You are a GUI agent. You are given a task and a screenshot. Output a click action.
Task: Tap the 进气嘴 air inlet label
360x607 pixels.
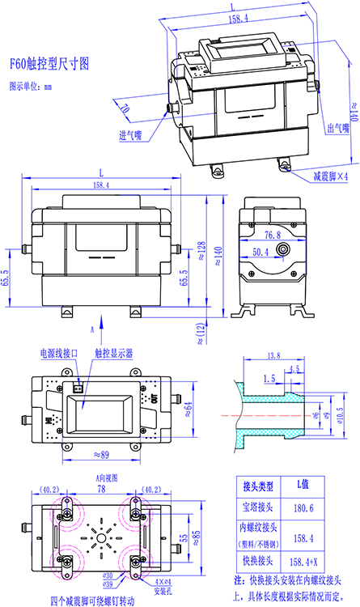(130, 135)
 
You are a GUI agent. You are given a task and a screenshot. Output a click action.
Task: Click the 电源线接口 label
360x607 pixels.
(60, 354)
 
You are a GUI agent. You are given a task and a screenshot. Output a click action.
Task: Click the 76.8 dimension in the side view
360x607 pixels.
(272, 235)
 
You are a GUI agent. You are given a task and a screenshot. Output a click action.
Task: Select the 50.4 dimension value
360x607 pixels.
(260, 253)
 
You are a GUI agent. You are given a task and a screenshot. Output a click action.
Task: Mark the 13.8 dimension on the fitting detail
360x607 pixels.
(273, 355)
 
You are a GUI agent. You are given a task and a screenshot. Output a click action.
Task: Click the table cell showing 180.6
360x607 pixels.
(302, 508)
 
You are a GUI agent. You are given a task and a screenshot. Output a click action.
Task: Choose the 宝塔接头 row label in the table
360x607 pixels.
(260, 508)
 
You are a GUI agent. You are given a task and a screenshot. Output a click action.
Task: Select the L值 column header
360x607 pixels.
(302, 486)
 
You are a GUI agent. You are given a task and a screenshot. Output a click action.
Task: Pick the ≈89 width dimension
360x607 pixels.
(101, 456)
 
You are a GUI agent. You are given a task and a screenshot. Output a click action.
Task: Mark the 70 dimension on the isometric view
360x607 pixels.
(124, 108)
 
